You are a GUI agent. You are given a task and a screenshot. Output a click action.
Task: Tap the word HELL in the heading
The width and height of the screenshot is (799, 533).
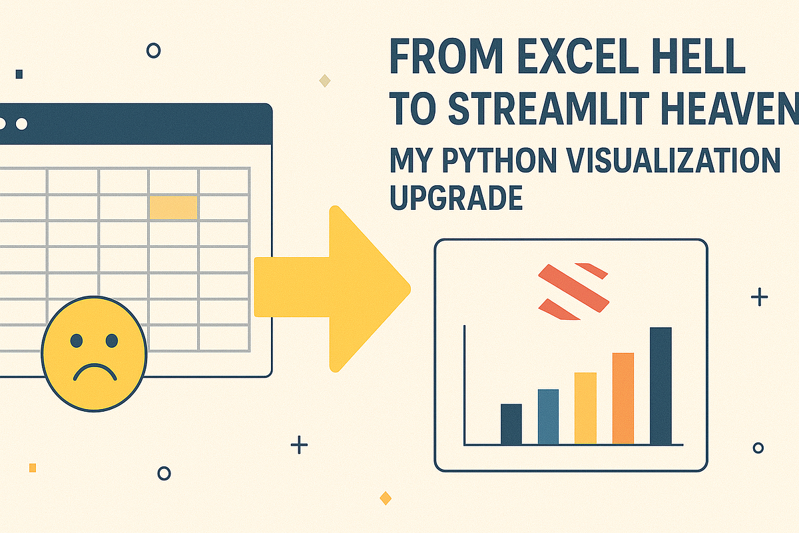[x=706, y=59]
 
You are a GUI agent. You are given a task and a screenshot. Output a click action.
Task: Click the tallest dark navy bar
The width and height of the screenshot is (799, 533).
[x=661, y=386]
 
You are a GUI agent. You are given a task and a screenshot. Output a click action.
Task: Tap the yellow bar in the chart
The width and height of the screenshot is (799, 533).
[x=585, y=408]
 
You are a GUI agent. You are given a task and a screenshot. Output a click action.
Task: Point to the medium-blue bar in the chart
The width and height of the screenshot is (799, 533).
[x=548, y=416]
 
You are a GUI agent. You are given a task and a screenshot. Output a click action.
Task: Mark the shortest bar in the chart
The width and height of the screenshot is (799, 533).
[x=511, y=424]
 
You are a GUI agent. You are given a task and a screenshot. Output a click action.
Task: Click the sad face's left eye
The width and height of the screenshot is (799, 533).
[x=77, y=340]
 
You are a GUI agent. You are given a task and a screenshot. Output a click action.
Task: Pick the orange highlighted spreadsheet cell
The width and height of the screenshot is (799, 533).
[x=173, y=208]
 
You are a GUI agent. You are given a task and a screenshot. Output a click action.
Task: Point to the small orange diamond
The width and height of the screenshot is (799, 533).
[x=385, y=498]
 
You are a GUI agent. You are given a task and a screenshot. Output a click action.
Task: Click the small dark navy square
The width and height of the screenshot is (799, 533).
[x=19, y=74]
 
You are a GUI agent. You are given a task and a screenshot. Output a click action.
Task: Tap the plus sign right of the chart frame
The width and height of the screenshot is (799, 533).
[x=759, y=297]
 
